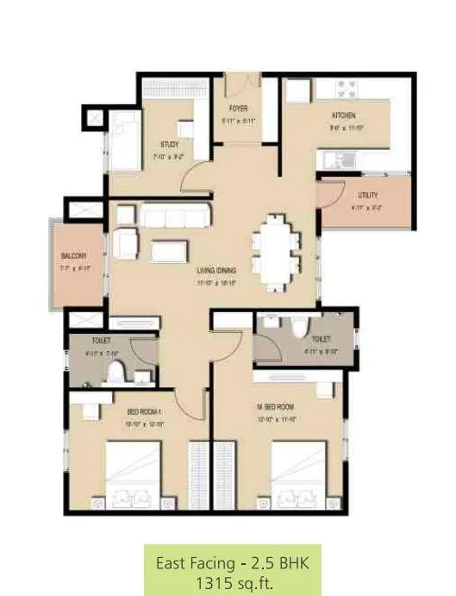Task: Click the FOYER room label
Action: [240, 109]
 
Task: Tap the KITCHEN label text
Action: [343, 115]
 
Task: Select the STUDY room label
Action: [169, 144]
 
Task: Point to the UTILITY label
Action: [369, 196]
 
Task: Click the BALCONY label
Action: [72, 256]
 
